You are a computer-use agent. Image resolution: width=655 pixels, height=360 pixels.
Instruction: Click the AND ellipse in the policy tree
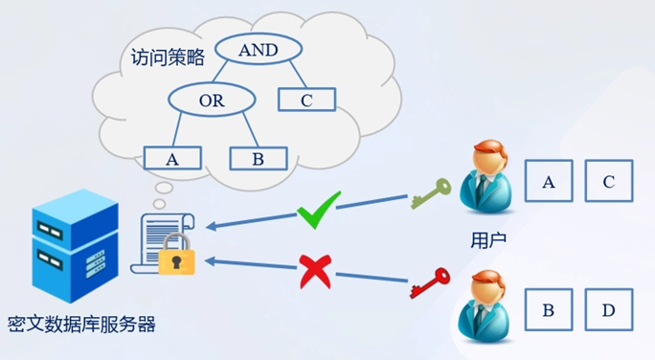coord(259,49)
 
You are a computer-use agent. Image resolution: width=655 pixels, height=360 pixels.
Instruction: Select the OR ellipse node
coord(212,100)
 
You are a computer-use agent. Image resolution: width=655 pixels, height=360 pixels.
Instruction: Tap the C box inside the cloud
coord(307,100)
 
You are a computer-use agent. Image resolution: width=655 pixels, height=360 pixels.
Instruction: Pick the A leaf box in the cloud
coord(172,158)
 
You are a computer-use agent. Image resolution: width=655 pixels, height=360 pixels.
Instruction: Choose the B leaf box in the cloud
coord(259,158)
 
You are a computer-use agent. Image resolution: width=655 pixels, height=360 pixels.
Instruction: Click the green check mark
coord(318,210)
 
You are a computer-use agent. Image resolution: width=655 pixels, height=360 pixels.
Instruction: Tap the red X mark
coord(316,272)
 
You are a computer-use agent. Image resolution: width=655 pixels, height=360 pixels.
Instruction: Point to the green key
coord(431,193)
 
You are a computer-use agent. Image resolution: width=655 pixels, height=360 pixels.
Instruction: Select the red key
coord(430,283)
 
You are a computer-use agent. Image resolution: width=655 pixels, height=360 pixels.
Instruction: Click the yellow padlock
coord(177,254)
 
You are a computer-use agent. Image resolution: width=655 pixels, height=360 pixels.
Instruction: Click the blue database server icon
coord(76,245)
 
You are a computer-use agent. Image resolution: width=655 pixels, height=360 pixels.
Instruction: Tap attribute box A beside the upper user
coord(549,181)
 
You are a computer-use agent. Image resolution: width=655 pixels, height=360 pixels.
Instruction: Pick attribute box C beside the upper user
coord(609,181)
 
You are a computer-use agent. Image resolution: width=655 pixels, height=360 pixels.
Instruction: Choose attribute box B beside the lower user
coord(549,309)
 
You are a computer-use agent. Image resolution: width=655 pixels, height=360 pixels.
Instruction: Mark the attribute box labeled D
coord(609,309)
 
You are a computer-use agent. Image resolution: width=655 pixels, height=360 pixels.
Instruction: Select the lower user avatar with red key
coord(485,306)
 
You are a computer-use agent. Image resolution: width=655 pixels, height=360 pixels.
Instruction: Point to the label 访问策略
coord(168,57)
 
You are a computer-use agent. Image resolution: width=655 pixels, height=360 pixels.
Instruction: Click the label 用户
coord(488,239)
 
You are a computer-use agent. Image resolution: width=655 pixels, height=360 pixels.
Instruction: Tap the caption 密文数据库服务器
coord(82,324)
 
